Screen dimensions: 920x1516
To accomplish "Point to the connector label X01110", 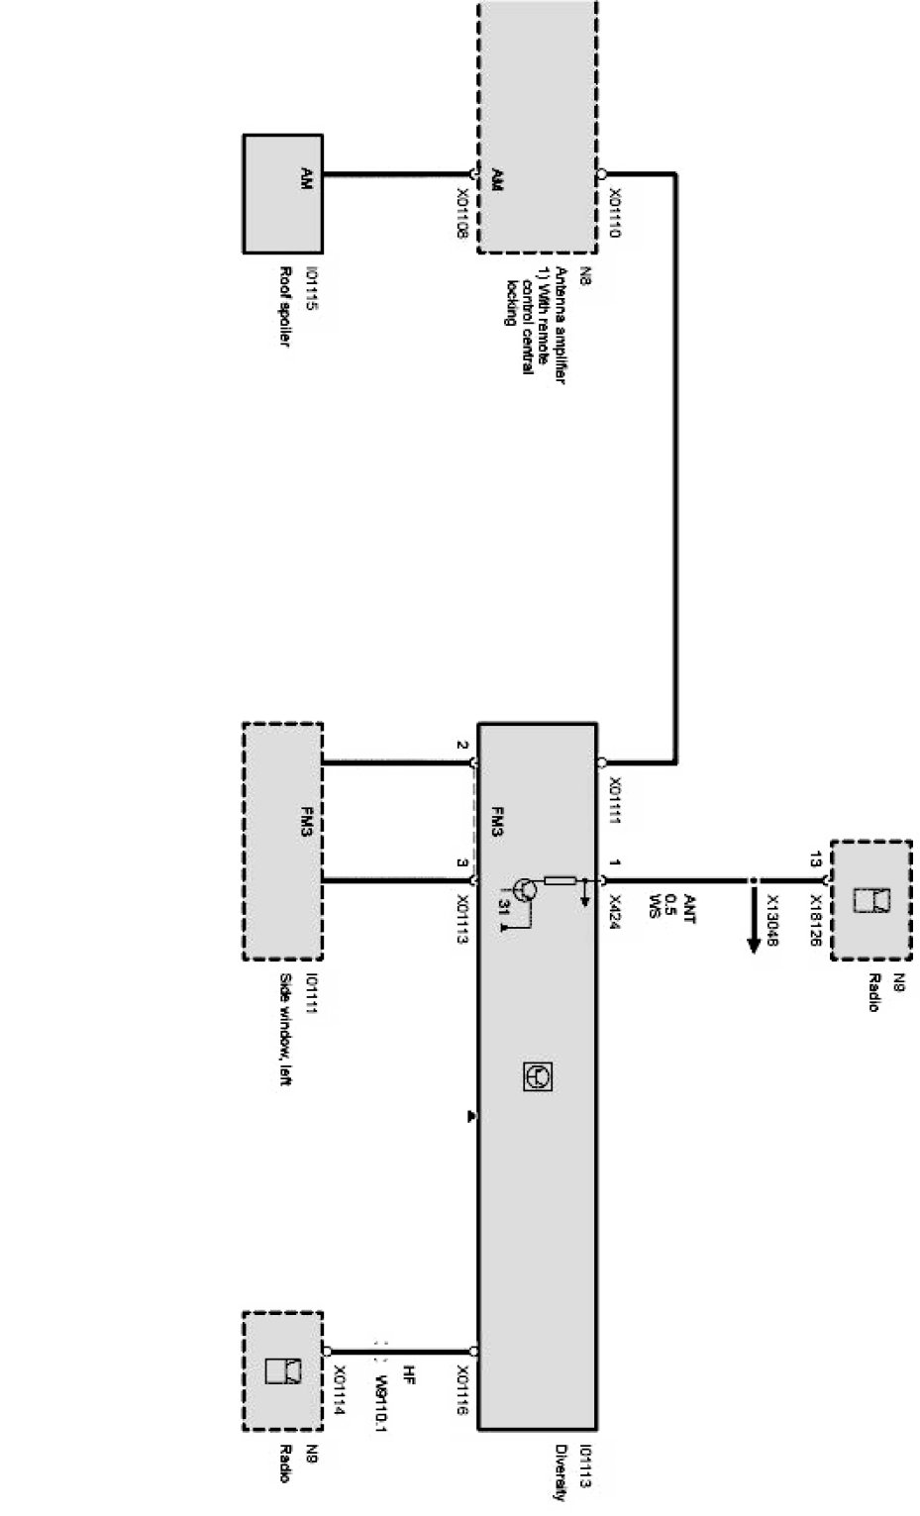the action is tap(615, 214).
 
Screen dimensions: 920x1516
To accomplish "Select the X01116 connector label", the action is tap(462, 1391).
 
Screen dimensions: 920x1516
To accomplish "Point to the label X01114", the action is tap(339, 1391).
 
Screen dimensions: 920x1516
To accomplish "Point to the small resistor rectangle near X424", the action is tap(561, 879).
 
